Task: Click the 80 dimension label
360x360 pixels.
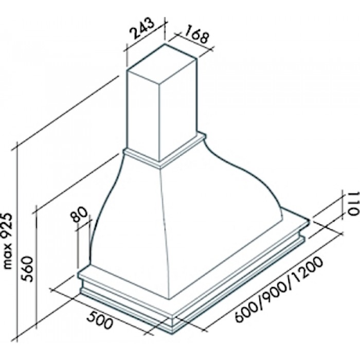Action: pos(79,214)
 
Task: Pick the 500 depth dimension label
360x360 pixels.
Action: pos(100,320)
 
